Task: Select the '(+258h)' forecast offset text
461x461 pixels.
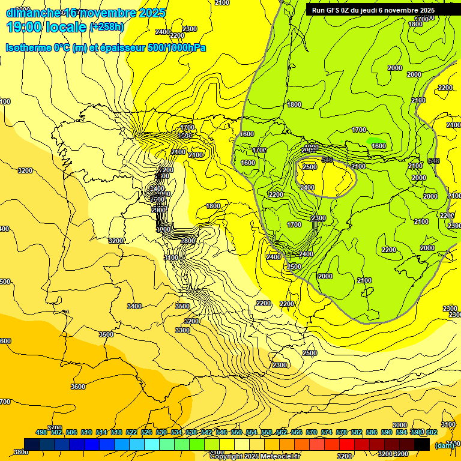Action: pos(106,27)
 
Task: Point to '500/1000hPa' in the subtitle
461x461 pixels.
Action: pos(178,47)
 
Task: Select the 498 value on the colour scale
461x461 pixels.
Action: pos(41,432)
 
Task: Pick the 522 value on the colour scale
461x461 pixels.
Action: pos(131,432)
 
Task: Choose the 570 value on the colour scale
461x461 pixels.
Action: pos(312,432)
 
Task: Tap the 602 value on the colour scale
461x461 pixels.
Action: pos(431,432)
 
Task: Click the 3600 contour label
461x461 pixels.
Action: pos(78,387)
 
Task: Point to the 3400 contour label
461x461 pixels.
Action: pos(134,306)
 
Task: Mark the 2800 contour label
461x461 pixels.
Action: pos(188,241)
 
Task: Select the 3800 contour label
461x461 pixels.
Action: pos(20,452)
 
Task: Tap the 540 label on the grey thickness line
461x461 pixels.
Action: pos(327,160)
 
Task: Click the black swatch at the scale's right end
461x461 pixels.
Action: pos(421,444)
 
